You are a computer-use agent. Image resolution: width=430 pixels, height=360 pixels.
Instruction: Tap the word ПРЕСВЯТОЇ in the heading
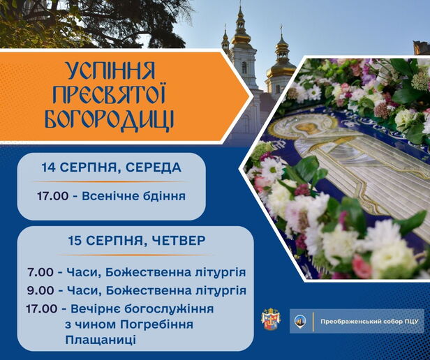click(109, 95)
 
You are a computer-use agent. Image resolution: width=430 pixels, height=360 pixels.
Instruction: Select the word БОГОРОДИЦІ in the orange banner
click(110, 119)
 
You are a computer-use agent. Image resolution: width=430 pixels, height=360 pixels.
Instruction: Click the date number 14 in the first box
click(49, 167)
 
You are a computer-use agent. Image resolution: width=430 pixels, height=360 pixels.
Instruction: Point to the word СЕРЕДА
click(154, 167)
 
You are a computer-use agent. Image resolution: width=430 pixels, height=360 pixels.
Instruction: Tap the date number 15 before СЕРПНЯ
click(75, 241)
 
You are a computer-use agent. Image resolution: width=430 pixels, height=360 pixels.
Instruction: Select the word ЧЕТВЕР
click(179, 241)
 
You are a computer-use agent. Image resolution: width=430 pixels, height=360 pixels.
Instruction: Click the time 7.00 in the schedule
click(40, 273)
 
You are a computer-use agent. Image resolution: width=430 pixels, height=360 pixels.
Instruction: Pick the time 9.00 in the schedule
click(40, 291)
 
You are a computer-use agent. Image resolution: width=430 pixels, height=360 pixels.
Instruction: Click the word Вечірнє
click(96, 309)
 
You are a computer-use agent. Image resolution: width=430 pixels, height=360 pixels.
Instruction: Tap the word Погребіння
click(157, 325)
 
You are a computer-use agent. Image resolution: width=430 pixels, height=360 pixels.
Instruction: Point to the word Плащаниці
click(101, 340)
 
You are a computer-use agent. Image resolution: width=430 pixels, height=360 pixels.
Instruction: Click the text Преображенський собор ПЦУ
click(369, 322)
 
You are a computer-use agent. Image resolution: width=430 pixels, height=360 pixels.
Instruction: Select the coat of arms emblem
click(271, 320)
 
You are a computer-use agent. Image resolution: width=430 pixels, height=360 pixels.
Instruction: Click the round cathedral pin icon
click(300, 321)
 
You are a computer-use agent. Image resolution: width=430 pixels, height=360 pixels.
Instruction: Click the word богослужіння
click(169, 309)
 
